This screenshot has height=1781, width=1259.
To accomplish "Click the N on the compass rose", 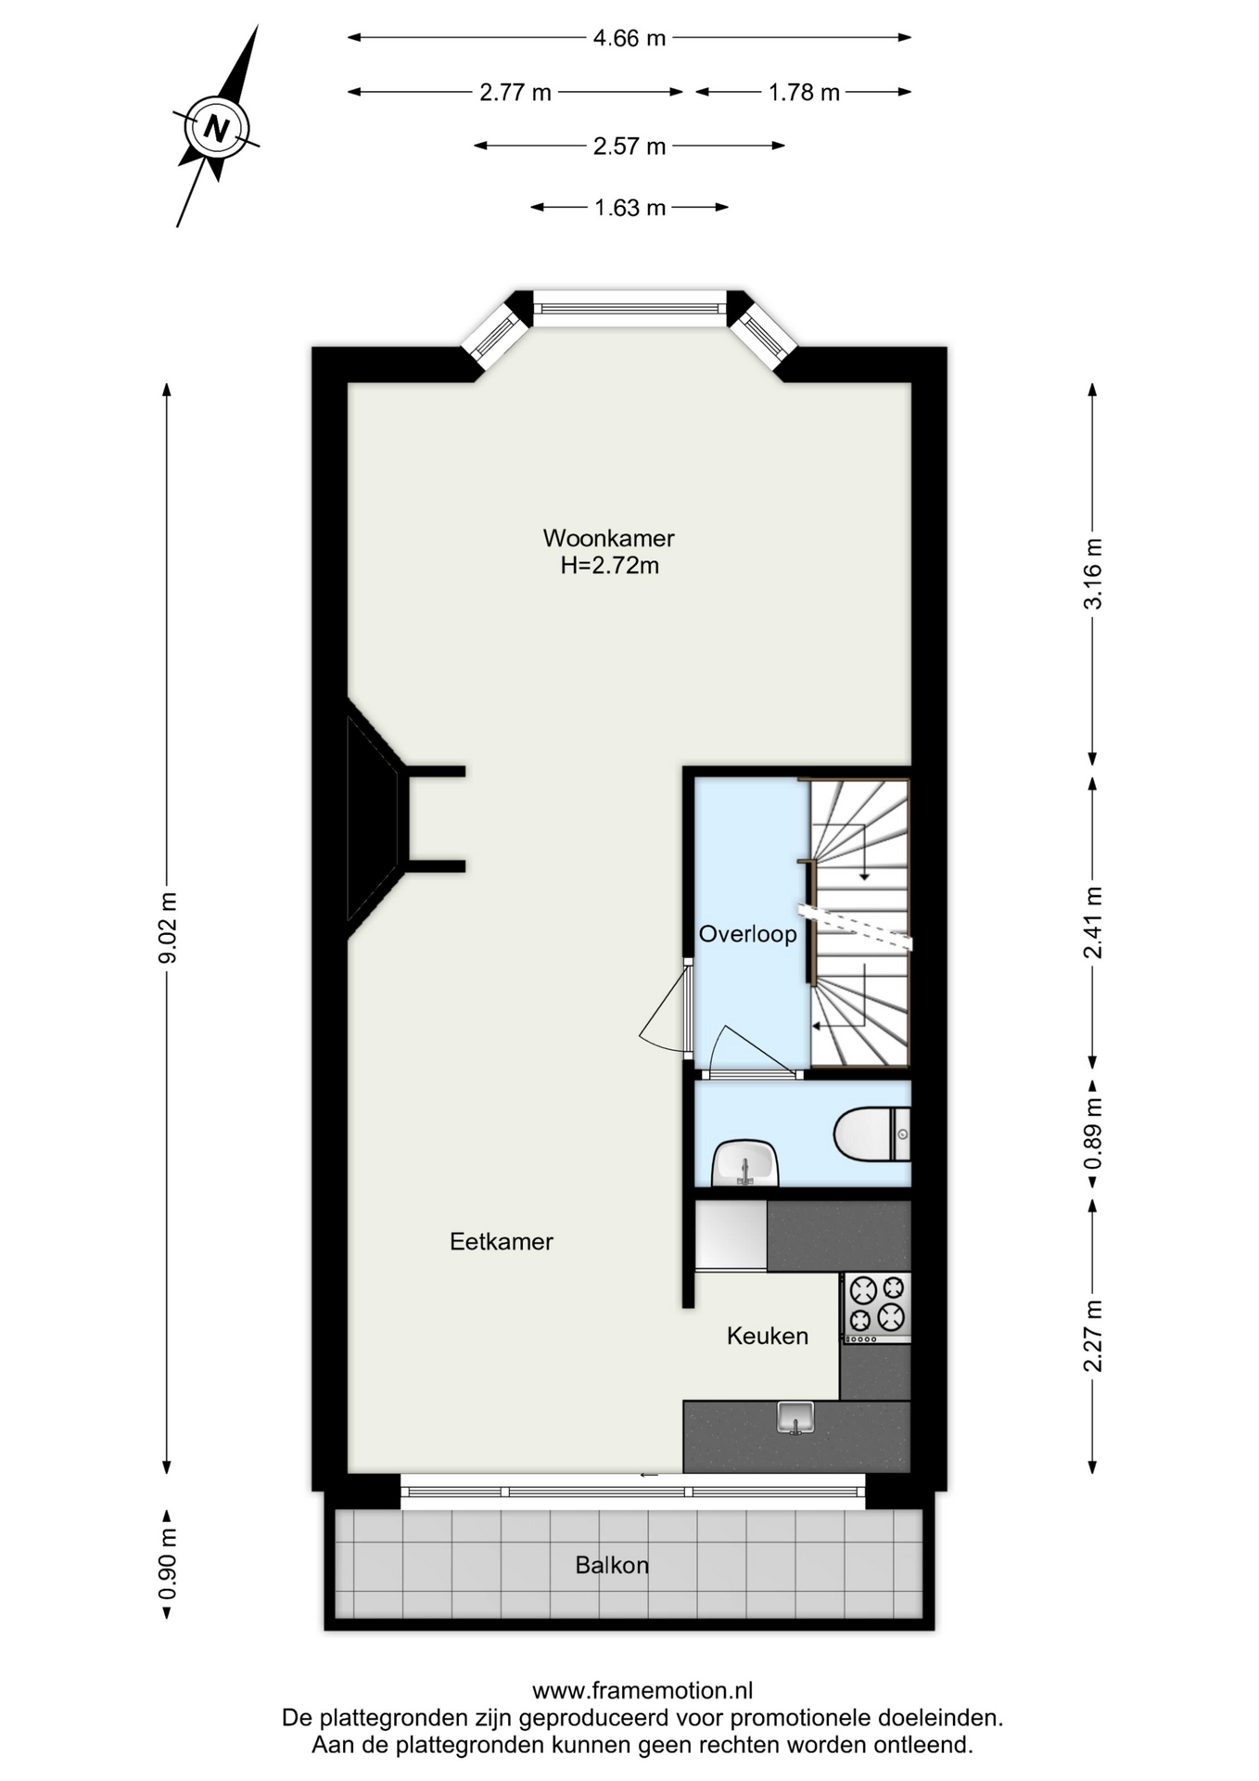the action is (x=217, y=128).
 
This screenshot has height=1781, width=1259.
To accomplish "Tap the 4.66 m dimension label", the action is (x=629, y=38).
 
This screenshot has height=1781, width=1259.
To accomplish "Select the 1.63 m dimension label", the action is (x=629, y=208).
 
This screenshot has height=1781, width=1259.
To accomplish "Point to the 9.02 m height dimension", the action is (x=168, y=928).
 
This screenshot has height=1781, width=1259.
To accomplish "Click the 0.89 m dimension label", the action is (x=1094, y=1134).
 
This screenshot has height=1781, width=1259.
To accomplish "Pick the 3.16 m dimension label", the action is (x=1094, y=573).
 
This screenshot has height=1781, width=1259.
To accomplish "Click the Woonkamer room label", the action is (x=608, y=538).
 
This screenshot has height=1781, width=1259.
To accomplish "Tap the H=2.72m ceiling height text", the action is (x=609, y=566).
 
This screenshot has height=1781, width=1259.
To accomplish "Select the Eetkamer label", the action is (x=502, y=1241).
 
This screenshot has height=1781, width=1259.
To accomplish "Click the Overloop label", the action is (x=747, y=934).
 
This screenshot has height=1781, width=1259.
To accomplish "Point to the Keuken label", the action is (x=768, y=1336).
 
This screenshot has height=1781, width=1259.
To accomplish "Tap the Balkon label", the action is (x=612, y=1566).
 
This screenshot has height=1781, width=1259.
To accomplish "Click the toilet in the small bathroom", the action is (x=871, y=1134).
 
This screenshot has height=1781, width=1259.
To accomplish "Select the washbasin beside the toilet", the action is (x=744, y=1163).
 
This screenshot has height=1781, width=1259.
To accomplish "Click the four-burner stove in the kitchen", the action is (x=876, y=1307).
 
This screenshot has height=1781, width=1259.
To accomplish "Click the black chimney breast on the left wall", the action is (x=375, y=818).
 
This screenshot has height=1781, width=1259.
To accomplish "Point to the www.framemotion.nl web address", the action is (x=642, y=1691).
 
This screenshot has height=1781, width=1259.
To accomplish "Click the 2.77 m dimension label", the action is (x=515, y=93).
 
